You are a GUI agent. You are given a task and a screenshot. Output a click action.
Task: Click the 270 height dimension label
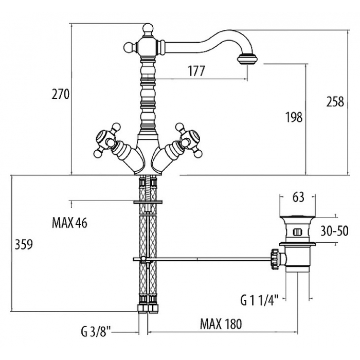point(60,94)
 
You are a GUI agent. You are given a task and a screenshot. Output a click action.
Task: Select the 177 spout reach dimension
point(196,71)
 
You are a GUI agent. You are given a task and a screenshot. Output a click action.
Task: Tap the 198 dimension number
point(294,117)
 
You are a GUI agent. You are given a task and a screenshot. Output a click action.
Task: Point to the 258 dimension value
point(335,101)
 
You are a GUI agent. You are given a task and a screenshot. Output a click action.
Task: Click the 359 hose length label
point(24,244)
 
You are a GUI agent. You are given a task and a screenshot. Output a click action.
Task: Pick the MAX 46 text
point(69,223)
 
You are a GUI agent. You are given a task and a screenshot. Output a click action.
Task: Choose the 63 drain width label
point(298,197)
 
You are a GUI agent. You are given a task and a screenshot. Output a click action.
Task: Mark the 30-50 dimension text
point(334,231)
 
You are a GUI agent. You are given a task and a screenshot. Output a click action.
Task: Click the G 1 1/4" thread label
point(259,300)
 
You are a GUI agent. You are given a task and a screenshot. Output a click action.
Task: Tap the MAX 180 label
point(221,324)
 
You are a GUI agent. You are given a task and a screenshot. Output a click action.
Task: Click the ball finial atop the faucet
point(148,28)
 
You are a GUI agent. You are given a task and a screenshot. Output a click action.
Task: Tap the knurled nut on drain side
point(275,259)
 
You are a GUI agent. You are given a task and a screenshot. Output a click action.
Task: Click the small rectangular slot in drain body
point(297,231)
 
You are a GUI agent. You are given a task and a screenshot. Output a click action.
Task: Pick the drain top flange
point(298,216)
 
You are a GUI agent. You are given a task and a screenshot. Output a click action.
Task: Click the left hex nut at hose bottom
point(142,309)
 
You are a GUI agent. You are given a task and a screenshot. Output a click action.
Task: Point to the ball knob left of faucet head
point(129,47)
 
